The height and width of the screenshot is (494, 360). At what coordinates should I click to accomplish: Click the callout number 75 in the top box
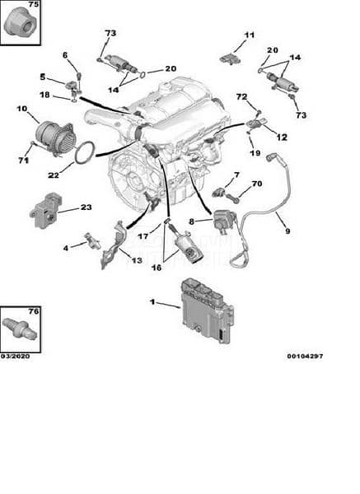34,4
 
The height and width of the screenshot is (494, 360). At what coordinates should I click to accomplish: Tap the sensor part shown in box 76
21,329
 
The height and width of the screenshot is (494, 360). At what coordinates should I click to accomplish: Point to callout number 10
22,109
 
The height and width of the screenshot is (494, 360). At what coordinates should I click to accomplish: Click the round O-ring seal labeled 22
85,153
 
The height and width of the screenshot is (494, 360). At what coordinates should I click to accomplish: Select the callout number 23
86,207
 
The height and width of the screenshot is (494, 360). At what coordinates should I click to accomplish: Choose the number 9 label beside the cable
288,231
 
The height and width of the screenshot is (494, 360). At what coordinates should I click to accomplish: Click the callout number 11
250,35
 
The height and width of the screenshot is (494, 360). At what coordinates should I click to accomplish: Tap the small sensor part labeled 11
230,59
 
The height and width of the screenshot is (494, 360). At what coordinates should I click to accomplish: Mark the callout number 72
242,97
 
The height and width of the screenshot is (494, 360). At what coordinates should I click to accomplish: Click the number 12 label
282,137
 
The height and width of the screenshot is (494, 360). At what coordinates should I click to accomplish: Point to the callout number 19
255,153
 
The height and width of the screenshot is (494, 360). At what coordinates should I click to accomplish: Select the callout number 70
257,184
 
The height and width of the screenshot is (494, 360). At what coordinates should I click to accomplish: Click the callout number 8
191,221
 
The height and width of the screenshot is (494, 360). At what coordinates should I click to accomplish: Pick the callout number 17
143,236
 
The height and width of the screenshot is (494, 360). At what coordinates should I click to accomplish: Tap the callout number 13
137,260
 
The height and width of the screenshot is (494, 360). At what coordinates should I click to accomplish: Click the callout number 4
66,249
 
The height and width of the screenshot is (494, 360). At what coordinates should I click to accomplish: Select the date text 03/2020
15,356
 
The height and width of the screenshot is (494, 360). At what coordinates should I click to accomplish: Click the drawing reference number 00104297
305,356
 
